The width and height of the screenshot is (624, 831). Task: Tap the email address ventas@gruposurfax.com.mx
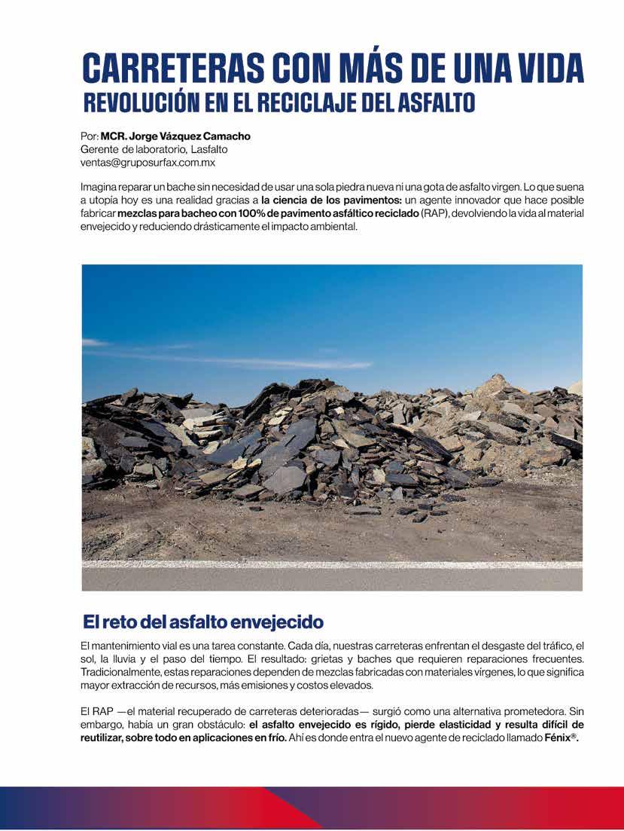148,162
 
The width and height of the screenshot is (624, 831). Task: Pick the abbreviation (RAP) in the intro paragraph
433,215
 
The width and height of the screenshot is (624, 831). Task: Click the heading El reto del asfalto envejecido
202,622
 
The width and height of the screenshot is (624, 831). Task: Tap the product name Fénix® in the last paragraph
561,738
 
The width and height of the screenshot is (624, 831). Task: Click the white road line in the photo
331,564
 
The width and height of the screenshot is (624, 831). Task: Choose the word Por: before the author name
89,136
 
